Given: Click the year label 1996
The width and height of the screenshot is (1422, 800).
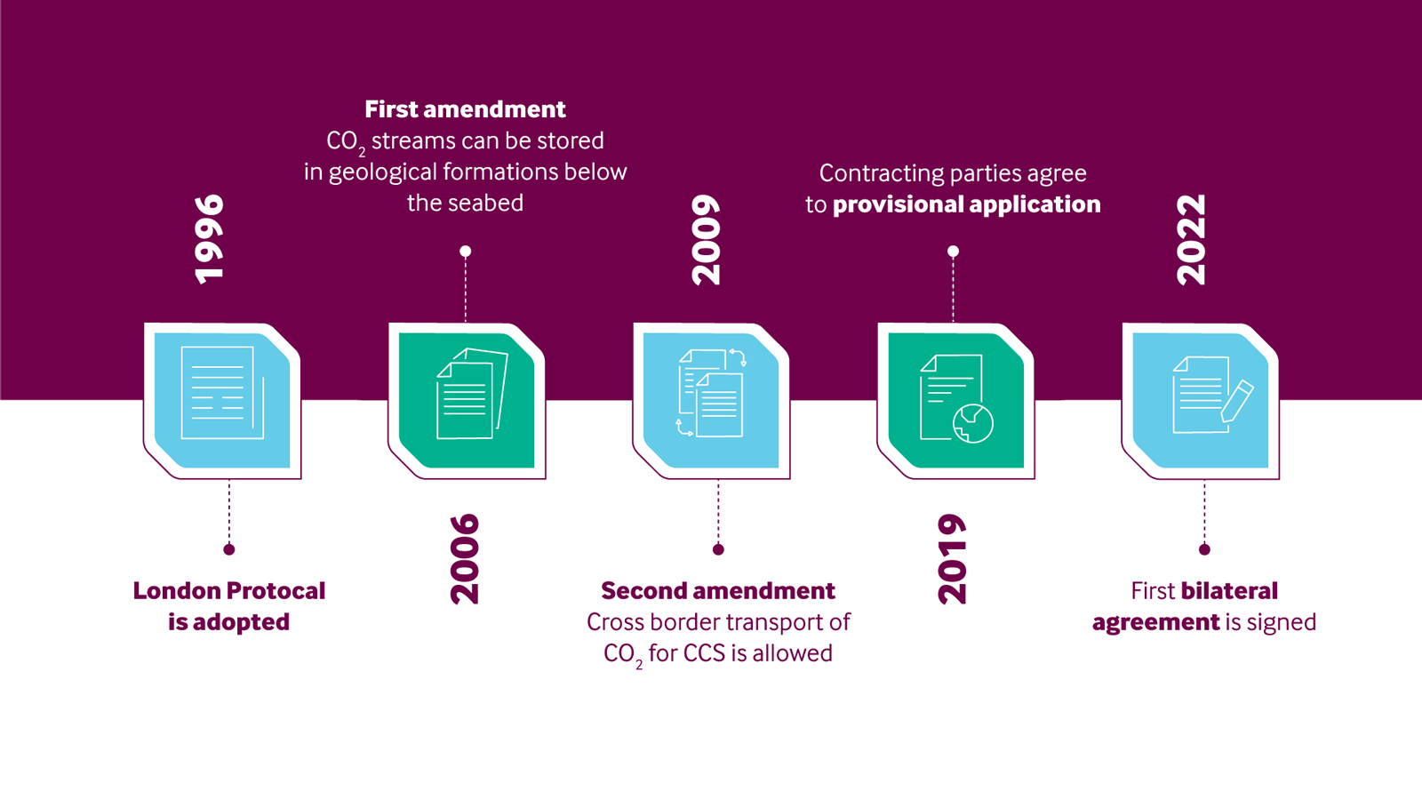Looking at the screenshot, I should [210, 239].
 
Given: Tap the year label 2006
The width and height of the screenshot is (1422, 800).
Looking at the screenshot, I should [465, 559].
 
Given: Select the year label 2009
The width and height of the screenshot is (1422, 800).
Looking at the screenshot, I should [707, 240].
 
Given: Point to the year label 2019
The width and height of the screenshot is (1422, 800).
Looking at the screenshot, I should [952, 559].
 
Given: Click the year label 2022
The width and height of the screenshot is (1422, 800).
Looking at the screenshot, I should [1191, 240].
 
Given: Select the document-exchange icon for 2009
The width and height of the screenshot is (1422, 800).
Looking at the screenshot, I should [712, 393].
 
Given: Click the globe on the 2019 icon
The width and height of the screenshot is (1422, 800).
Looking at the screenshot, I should [973, 423].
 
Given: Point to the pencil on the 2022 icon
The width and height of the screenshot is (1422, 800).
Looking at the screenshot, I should [1236, 401].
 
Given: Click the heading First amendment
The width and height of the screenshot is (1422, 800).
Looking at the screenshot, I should [465, 109].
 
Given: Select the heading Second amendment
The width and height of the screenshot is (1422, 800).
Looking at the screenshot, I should [718, 591].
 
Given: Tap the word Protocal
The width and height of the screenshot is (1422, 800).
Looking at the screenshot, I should [277, 591].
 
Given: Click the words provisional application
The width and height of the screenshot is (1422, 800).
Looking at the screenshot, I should [966, 204].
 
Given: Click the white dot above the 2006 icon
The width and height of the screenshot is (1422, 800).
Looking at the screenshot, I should [466, 252].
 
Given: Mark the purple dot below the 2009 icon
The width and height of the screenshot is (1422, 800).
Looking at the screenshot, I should [718, 549].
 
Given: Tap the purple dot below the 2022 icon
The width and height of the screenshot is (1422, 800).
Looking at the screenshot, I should [1204, 549].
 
